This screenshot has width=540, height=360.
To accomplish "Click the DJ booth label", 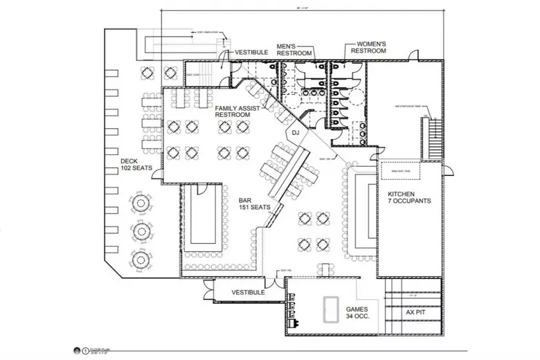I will pyautogui.click(x=295, y=133).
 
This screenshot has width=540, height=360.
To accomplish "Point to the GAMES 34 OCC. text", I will pyautogui.click(x=359, y=313).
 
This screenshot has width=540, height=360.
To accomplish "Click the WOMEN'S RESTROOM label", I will pyautogui.click(x=368, y=47).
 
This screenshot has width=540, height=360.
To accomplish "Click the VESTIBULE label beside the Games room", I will pyautogui.click(x=249, y=293).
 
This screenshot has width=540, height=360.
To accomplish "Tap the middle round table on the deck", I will pyautogui.click(x=141, y=231).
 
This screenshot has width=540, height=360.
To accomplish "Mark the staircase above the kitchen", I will pyautogui.click(x=435, y=138).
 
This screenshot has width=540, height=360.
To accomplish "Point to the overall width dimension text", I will pyautogui.click(x=303, y=8).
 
